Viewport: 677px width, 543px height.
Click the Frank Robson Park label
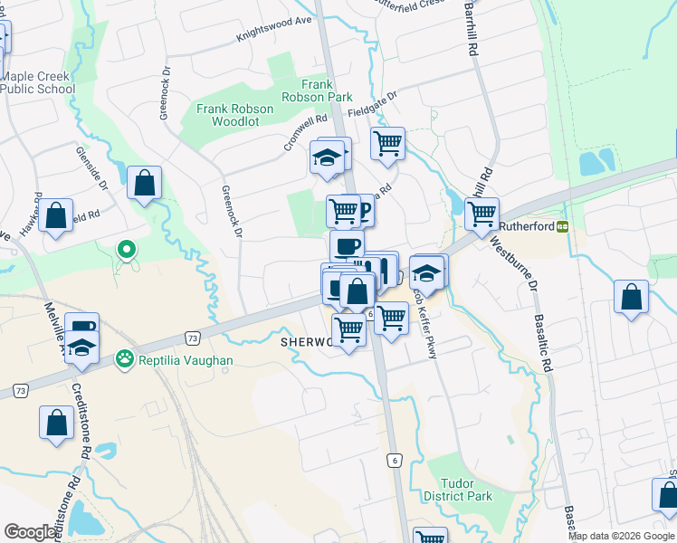point(327,90)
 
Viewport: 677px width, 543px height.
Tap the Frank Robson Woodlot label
point(234,116)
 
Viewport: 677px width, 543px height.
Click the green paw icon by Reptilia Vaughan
point(123,360)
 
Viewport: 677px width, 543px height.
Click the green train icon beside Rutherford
point(562,225)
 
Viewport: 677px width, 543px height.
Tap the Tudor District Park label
point(457,490)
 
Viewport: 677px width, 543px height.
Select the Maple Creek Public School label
point(37,82)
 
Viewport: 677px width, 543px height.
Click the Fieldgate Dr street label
point(373,105)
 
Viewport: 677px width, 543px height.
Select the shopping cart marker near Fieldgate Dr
point(387,142)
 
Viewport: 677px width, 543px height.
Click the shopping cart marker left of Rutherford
point(482,214)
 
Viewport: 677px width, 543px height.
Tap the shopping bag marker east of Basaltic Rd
point(631,297)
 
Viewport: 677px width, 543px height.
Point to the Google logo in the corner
point(30,532)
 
